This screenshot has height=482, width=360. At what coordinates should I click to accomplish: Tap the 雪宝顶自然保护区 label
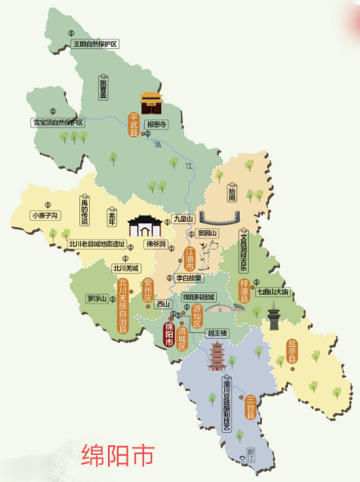point(58,122)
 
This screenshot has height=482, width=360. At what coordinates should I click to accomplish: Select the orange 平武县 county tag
point(134,126)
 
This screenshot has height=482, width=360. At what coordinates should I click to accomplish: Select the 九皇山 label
point(183,219)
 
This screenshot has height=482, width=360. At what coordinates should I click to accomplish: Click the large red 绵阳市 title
point(116,454)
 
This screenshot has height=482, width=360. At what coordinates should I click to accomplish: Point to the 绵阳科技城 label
point(198,296)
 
